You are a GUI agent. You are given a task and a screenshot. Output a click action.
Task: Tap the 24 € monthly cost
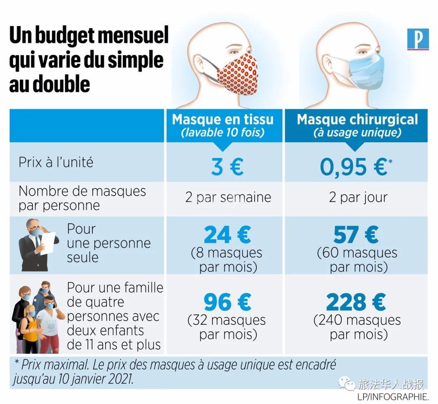click(x=227, y=235)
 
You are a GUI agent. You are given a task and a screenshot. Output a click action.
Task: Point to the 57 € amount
click(x=356, y=235)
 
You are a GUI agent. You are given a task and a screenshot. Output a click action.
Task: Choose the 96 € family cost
click(x=227, y=302)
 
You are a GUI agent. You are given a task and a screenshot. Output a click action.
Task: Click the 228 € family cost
click(x=356, y=302)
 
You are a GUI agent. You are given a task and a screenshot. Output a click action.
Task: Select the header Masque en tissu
click(x=223, y=119)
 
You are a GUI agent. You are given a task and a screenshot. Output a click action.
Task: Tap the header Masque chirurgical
click(x=357, y=119)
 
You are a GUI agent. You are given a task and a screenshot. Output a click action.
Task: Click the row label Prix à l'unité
click(x=56, y=162)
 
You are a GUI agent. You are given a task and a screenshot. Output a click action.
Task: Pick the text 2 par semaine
click(x=228, y=198)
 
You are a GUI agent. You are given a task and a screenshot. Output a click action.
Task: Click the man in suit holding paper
click(x=36, y=245)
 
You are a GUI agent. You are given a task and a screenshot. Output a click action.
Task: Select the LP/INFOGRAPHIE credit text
click(x=393, y=396)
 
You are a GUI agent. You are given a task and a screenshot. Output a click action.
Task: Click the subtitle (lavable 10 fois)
click(x=223, y=132)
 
